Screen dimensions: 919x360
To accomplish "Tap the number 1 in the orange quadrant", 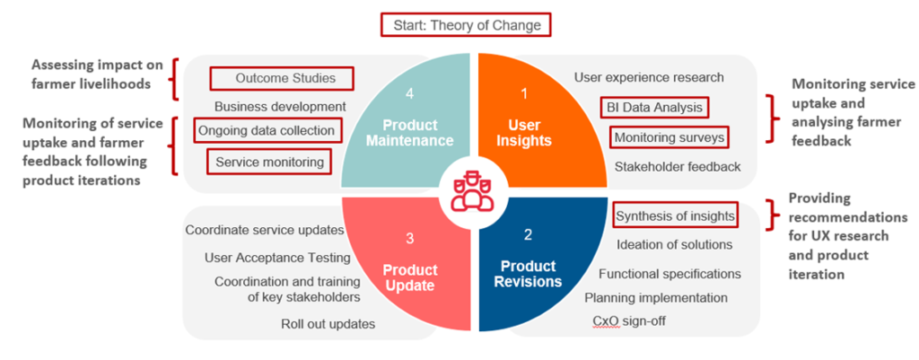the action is (524, 93).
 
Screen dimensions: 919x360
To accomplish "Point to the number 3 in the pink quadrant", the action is (410, 238).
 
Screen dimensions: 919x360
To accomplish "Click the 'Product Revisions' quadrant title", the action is (528, 274).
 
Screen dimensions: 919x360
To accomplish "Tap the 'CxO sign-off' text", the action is (629, 320).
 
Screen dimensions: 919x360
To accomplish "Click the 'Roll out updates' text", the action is (328, 324).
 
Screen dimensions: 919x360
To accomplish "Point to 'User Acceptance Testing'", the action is (277, 258).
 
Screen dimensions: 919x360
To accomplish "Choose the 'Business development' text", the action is (280, 107).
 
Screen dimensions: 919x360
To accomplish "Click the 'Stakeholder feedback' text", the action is (678, 166).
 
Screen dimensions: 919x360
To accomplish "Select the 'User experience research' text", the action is (649, 77).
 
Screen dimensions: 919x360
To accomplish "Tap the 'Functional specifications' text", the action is (670, 273).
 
